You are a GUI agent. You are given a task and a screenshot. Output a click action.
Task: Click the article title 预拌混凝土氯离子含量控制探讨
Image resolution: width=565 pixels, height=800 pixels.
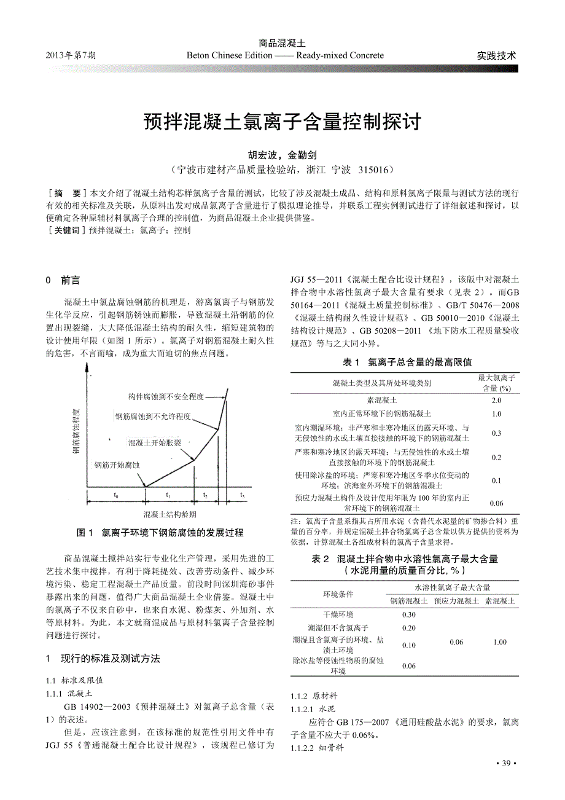pos(282,122)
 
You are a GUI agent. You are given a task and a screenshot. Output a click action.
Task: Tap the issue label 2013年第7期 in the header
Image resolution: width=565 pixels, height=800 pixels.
pos(71,55)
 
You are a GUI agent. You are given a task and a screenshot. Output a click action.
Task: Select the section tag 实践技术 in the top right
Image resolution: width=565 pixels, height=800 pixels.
pos(496,55)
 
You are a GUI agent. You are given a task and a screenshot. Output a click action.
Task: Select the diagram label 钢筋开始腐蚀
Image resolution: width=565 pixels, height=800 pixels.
pos(117,465)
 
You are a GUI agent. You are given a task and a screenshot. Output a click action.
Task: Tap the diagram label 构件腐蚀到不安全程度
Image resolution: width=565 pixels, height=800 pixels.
pos(166,396)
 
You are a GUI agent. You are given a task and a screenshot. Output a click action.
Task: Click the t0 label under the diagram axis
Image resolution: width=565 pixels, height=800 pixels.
pos(116,495)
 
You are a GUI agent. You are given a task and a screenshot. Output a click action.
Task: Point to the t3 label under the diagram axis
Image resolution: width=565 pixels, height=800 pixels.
pos(242,495)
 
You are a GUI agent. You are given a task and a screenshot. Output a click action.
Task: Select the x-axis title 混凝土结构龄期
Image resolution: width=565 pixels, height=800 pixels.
pos(170,514)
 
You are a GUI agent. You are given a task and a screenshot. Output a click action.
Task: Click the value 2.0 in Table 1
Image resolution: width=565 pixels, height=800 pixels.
pos(496,400)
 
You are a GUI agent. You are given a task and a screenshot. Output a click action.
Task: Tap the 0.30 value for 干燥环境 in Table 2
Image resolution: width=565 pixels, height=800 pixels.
pos(408,614)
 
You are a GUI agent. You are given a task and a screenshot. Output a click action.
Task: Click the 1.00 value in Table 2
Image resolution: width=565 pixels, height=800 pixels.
pos(499,641)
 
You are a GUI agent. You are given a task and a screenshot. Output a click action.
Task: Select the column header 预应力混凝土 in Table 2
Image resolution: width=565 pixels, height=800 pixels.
pos(456,600)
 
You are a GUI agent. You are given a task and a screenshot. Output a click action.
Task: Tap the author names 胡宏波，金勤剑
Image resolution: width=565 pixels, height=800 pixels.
pos(282,155)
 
